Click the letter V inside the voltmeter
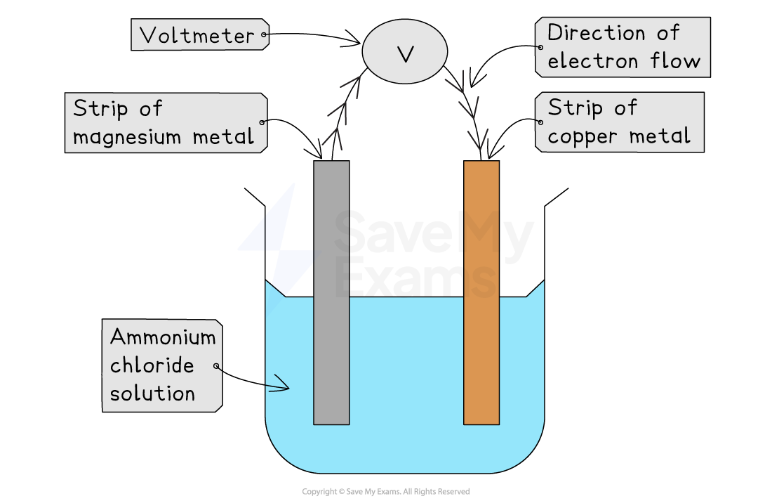pyautogui.click(x=405, y=54)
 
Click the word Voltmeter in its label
pyautogui.click(x=197, y=36)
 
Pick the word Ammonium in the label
pyautogui.click(x=162, y=337)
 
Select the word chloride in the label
pyautogui.click(x=152, y=365)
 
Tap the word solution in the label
pyautogui.click(x=152, y=393)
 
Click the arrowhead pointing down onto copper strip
pyautogui.click(x=479, y=140)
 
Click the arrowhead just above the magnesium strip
pyautogui.click(x=331, y=136)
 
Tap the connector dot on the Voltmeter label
pyautogui.click(x=264, y=34)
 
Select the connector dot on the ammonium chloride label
pyautogui.click(x=216, y=366)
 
